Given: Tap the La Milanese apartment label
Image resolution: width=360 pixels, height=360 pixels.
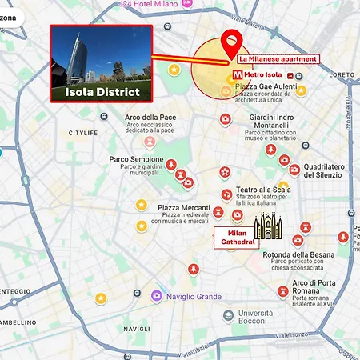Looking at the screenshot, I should tap(278, 59).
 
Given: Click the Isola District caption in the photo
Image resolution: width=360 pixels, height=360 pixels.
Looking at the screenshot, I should tap(102, 93).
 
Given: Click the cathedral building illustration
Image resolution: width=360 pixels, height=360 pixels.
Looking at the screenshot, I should tap(269, 227).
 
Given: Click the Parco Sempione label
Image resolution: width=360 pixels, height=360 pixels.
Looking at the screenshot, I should tap(136, 159).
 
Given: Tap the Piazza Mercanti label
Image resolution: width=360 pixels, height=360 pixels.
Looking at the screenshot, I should tap(185, 207).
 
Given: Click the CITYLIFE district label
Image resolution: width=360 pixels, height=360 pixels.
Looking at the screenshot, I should tap(87, 133).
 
